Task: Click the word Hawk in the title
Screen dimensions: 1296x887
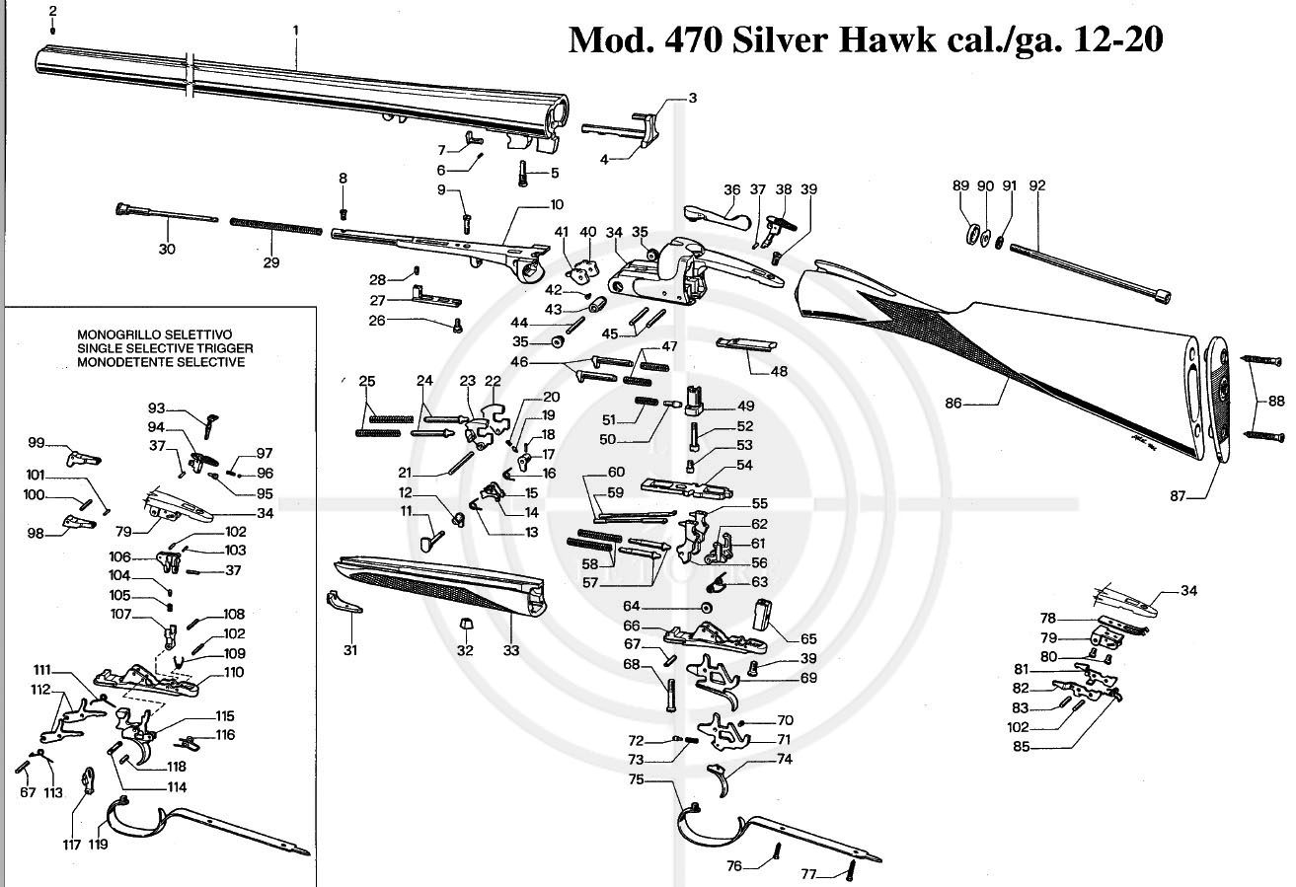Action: (886, 40)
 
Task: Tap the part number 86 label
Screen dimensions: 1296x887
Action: (953, 403)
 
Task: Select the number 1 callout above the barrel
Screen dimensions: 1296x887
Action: (296, 30)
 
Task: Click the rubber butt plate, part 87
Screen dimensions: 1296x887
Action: (1218, 398)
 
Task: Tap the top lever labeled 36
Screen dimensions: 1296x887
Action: (718, 217)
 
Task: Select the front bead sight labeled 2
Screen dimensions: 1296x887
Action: (52, 30)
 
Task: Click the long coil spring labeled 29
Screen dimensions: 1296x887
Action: (276, 226)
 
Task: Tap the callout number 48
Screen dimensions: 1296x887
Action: (779, 371)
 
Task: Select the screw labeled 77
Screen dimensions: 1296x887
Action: (851, 869)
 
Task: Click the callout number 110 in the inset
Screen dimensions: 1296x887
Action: (234, 672)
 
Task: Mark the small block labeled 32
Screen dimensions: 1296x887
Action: (465, 624)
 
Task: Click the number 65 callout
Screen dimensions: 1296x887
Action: (808, 639)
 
